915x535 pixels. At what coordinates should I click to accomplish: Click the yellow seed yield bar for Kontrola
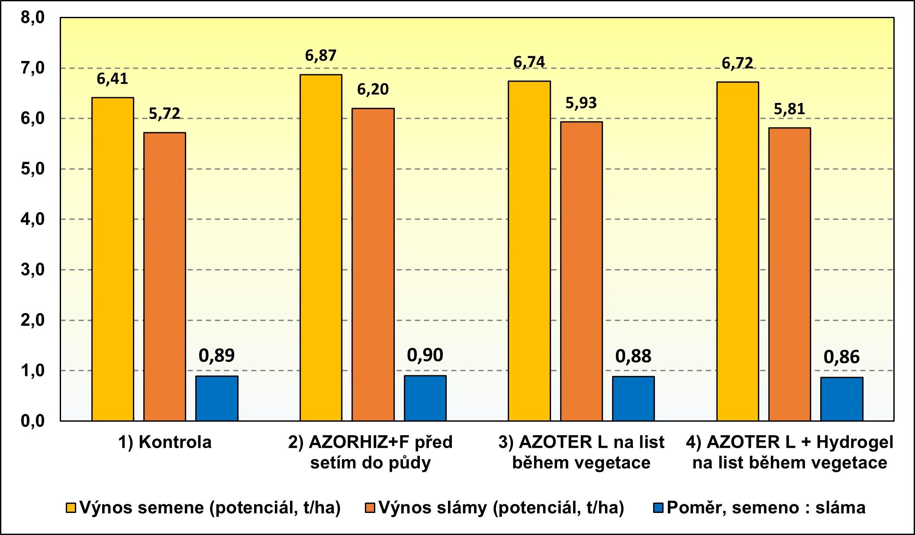pyautogui.click(x=113, y=259)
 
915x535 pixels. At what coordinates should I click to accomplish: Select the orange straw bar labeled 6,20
pyautogui.click(x=373, y=264)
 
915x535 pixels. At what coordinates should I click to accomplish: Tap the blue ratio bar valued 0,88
pyautogui.click(x=633, y=398)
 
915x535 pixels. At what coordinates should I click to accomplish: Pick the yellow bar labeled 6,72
pyautogui.click(x=738, y=251)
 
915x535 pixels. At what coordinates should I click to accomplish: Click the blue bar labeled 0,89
pyautogui.click(x=217, y=398)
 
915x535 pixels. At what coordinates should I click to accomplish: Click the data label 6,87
pyautogui.click(x=321, y=56)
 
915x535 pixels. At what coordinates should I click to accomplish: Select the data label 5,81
pyautogui.click(x=789, y=109)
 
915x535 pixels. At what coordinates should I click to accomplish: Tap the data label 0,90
pyautogui.click(x=425, y=356)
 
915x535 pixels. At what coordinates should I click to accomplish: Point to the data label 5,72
pyautogui.click(x=164, y=114)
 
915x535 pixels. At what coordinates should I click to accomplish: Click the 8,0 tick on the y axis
pyautogui.click(x=33, y=18)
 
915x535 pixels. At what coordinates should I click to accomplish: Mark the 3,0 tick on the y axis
pyautogui.click(x=33, y=270)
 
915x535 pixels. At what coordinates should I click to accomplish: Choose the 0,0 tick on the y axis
pyautogui.click(x=33, y=421)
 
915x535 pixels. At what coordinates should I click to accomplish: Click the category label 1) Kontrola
pyautogui.click(x=165, y=442)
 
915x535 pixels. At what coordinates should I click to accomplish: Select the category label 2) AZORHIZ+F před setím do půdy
pyautogui.click(x=371, y=452)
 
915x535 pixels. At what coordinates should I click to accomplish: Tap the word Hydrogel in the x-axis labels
pyautogui.click(x=855, y=442)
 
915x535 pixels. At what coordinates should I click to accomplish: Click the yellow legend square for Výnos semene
pyautogui.click(x=71, y=508)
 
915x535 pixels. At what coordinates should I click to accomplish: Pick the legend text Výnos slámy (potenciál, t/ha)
pyautogui.click(x=501, y=508)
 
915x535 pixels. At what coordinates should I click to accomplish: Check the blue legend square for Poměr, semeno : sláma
pyautogui.click(x=658, y=508)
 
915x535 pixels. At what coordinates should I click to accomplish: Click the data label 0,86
pyautogui.click(x=841, y=357)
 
